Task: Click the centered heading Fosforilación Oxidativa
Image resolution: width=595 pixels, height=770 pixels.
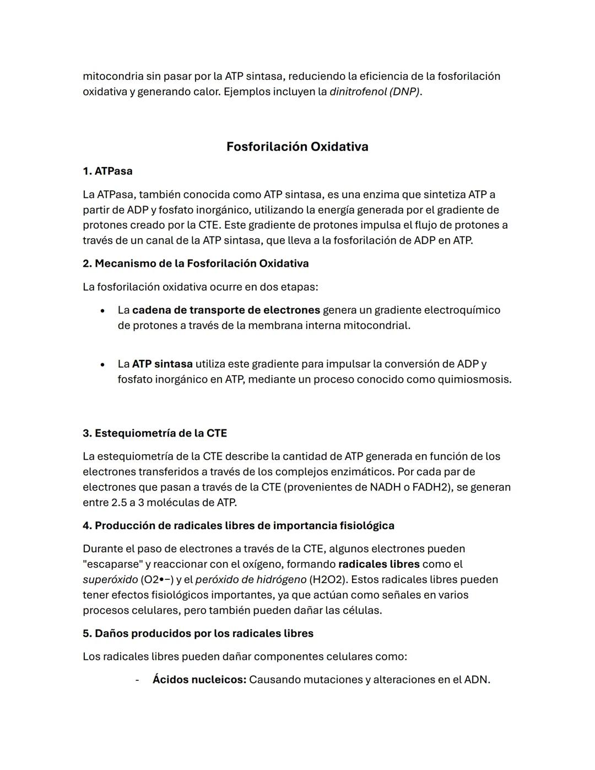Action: [x=297, y=147]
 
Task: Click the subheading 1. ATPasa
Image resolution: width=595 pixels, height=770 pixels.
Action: [x=107, y=171]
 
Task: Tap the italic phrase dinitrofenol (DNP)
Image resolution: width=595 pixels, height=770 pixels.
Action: [x=375, y=91]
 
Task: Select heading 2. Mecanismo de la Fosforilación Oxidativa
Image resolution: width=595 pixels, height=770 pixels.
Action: [x=196, y=263]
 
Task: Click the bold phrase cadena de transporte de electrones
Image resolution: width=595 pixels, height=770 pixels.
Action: [x=226, y=310]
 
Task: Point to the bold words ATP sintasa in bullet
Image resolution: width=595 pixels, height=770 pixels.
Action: [x=163, y=364]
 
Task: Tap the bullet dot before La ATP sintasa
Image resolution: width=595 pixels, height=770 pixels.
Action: [x=102, y=364]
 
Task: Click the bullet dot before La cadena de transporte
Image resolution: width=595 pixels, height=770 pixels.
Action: [x=102, y=310]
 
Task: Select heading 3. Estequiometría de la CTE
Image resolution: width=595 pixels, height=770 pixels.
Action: [x=155, y=433]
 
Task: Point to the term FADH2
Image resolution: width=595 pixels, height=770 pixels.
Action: [x=431, y=487]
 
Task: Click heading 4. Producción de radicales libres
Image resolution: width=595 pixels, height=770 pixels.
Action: [x=239, y=525]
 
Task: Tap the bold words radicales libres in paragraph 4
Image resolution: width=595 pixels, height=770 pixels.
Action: [x=379, y=564]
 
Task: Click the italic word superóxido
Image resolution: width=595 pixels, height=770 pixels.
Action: [x=110, y=579]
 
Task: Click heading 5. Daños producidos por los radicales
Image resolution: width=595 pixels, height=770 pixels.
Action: [x=198, y=633]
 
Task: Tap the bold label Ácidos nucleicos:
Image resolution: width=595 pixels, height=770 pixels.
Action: [x=199, y=680]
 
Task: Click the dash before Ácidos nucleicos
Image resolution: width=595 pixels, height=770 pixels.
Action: [x=137, y=680]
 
